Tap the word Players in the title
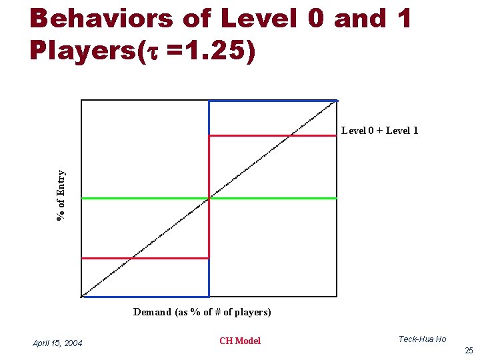click(x=81, y=51)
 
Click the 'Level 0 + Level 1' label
click(x=379, y=131)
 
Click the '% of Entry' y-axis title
click(x=61, y=195)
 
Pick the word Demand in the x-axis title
click(x=152, y=312)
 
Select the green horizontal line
click(x=147, y=198)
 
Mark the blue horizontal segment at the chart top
click(x=273, y=101)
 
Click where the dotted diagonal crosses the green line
click(x=209, y=198)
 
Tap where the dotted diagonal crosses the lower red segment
click(x=131, y=258)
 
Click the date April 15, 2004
click(x=57, y=343)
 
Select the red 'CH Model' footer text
click(x=240, y=341)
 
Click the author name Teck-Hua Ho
click(x=422, y=339)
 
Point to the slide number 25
click(x=469, y=350)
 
